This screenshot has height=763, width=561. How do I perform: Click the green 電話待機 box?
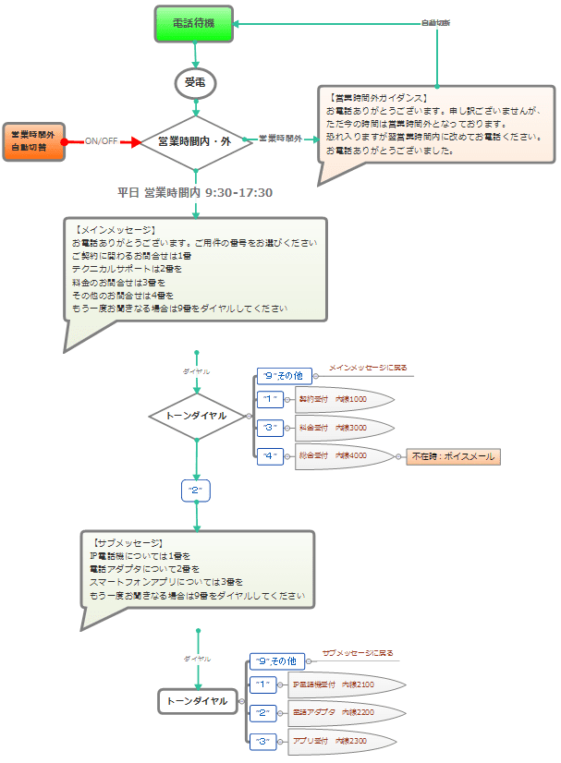[x=194, y=23]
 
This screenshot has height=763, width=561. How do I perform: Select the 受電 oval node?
[x=194, y=83]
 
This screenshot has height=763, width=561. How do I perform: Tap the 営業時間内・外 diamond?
[x=194, y=143]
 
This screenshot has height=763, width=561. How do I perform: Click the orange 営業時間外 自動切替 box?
[x=34, y=141]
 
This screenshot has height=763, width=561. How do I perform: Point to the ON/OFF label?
[x=101, y=141]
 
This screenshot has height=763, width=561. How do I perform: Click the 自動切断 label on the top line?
[x=435, y=23]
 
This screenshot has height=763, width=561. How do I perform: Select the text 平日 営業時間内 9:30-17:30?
[x=194, y=193]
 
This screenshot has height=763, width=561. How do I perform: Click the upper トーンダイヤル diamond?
[x=196, y=417]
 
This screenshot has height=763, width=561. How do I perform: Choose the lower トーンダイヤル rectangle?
[x=197, y=702]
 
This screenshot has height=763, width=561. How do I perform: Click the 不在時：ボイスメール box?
[x=453, y=456]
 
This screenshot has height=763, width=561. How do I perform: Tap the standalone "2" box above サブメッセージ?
[x=196, y=490]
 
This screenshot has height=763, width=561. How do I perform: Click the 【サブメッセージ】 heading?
[x=128, y=543]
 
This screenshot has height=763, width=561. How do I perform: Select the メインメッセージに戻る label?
[x=368, y=368]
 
